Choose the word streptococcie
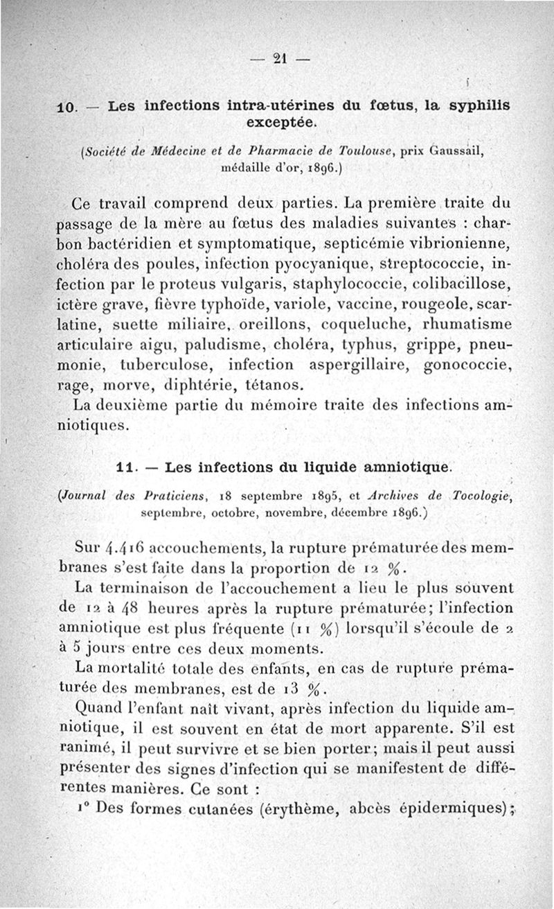point(429,265)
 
